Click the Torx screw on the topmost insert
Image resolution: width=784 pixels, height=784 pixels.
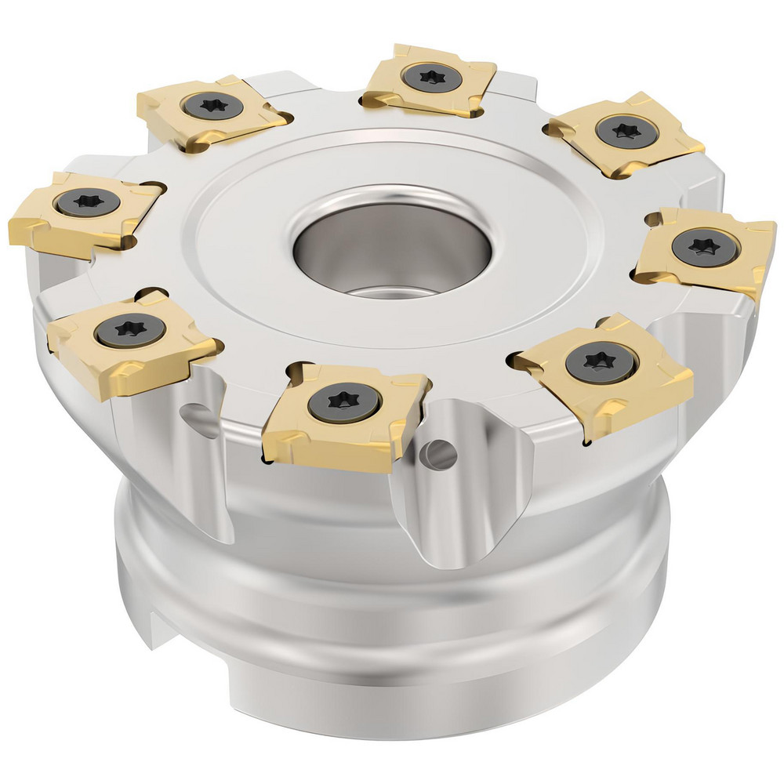428,77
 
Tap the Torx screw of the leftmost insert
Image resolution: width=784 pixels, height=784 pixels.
87,203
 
